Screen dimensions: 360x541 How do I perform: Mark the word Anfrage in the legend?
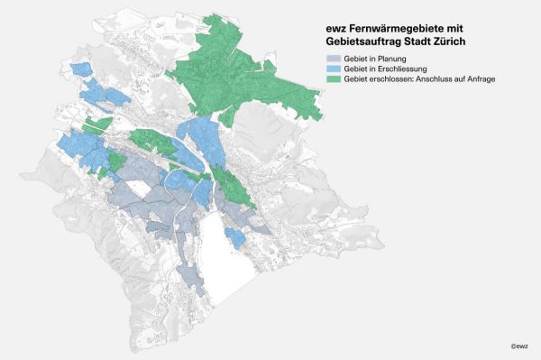coord(479,80)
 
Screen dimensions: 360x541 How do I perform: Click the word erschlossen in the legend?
coord(382,80)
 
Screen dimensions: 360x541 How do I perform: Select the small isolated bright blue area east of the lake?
coord(234,238)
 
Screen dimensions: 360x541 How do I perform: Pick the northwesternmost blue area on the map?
coord(82,69)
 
